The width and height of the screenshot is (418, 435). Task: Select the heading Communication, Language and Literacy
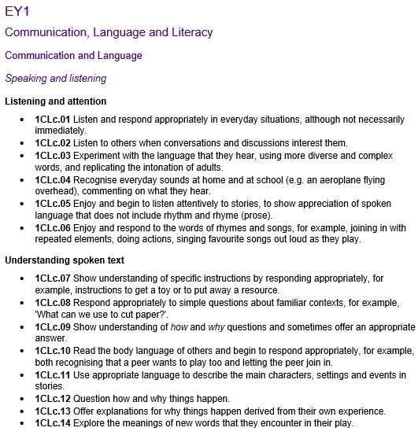click(x=109, y=32)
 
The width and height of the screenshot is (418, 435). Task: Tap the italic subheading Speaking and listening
click(x=55, y=79)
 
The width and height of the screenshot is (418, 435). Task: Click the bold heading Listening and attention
click(x=56, y=101)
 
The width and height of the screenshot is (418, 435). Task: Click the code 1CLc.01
click(x=53, y=120)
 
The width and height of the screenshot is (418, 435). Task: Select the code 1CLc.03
click(x=53, y=156)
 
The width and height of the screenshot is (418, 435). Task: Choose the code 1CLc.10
click(x=53, y=350)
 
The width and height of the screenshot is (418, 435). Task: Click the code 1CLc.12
click(x=53, y=398)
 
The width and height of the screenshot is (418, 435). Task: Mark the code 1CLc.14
click(x=53, y=422)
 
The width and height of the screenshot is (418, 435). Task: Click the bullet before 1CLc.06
click(x=22, y=227)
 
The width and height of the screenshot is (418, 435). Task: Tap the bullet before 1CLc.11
click(x=22, y=374)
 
